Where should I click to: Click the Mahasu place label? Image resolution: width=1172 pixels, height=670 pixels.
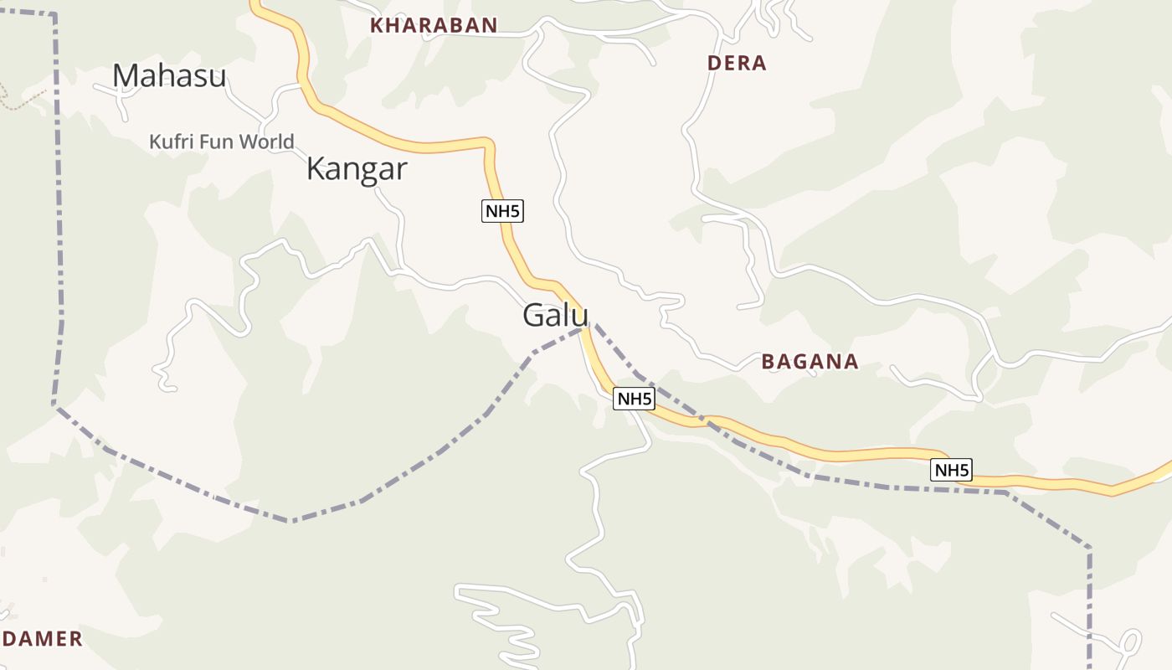click(x=169, y=76)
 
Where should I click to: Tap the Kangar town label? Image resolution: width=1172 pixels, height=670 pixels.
click(x=356, y=169)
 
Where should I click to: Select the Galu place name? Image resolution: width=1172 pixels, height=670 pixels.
click(x=555, y=316)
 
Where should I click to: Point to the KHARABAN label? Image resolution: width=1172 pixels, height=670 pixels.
click(x=434, y=25)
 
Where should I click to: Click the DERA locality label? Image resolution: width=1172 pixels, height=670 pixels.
click(x=737, y=63)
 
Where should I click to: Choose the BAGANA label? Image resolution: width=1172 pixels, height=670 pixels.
click(x=810, y=362)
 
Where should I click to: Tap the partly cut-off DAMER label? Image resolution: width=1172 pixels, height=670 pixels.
click(x=42, y=639)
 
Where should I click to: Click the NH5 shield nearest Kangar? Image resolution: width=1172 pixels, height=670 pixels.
click(x=502, y=211)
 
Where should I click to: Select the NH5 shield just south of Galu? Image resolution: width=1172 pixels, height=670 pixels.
click(x=633, y=399)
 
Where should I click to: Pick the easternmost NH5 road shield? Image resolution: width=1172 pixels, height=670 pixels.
click(x=951, y=470)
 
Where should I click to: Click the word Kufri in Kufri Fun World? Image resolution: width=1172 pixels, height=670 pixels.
click(x=166, y=142)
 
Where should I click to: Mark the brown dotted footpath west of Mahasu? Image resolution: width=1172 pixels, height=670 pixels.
click(x=21, y=100)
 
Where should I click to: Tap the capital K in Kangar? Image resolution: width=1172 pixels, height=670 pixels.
click(x=316, y=169)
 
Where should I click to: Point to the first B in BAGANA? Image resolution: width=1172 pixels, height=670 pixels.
click(x=768, y=362)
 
